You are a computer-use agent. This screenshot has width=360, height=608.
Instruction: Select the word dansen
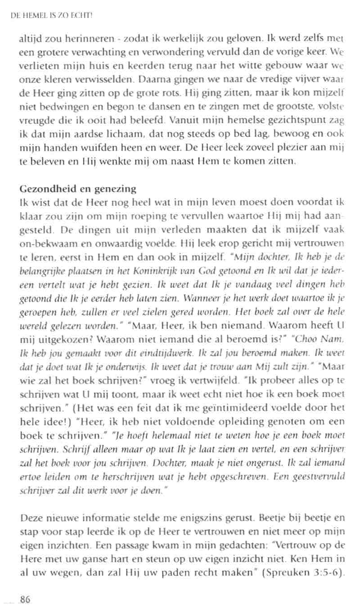click(173, 107)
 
